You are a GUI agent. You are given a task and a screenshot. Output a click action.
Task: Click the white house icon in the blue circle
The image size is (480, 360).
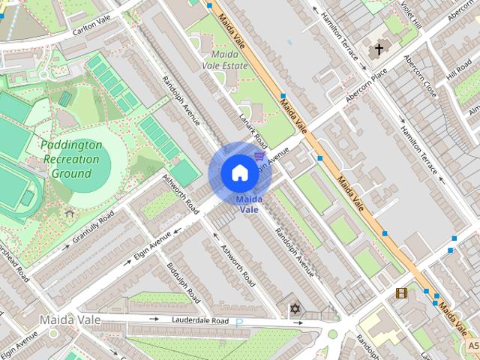click(x=238, y=172)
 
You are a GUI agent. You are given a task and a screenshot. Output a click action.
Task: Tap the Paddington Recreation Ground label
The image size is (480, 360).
click(x=71, y=159)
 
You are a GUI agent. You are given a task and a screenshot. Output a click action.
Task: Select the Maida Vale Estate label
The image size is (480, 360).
click(x=225, y=60)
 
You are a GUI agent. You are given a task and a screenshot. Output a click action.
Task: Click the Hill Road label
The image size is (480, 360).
click(x=457, y=73)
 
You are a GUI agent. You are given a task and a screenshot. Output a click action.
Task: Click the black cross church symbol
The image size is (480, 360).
click(x=379, y=49)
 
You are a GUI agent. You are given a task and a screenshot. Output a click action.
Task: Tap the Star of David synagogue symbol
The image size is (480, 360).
click(x=294, y=309)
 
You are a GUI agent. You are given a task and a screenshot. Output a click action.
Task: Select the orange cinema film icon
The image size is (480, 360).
click(x=401, y=292)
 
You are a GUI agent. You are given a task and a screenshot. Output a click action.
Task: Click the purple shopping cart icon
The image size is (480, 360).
click(x=259, y=156)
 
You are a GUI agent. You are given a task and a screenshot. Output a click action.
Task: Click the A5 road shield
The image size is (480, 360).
click(x=472, y=346)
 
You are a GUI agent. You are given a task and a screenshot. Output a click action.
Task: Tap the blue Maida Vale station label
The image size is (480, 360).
click(x=248, y=204)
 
